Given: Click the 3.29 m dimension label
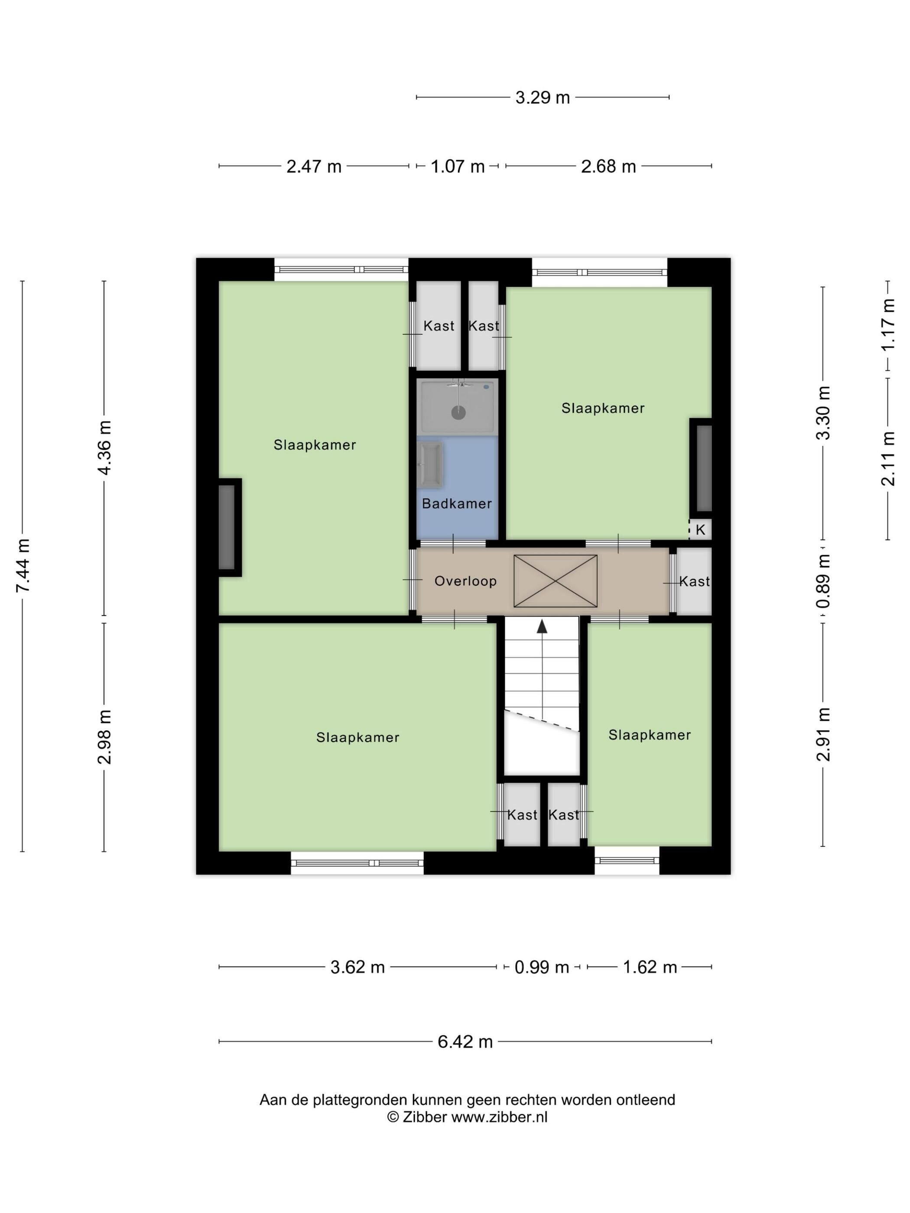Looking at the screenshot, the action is point(542,97).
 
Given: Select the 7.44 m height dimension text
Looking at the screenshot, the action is point(23,565).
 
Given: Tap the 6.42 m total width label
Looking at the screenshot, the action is point(465,1041).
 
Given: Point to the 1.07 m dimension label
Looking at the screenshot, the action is point(458,166).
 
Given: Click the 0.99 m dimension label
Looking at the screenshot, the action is point(541,967).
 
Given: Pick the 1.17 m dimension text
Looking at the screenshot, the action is point(888,325).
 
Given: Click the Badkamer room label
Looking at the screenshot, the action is point(457,503).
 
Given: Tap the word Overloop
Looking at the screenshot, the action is point(466,581).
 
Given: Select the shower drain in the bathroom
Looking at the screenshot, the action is point(458,412).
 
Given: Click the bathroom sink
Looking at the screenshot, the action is point(429,464).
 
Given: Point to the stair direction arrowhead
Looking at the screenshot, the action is point(542,626).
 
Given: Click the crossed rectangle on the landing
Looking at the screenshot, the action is point(555,581).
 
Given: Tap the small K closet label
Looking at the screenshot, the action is point(700,530).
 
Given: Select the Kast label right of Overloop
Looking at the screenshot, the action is point(695,581).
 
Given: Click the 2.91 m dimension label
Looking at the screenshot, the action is point(823,734).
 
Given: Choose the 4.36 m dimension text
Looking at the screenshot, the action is point(104,448).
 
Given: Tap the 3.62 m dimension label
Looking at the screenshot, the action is point(357,967).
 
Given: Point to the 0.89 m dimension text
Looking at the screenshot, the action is point(823,581).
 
